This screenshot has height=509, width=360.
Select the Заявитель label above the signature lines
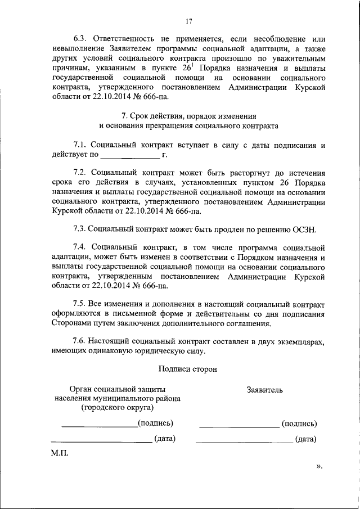[x=265, y=389]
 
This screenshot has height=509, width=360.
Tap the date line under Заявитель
[x=244, y=442]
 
